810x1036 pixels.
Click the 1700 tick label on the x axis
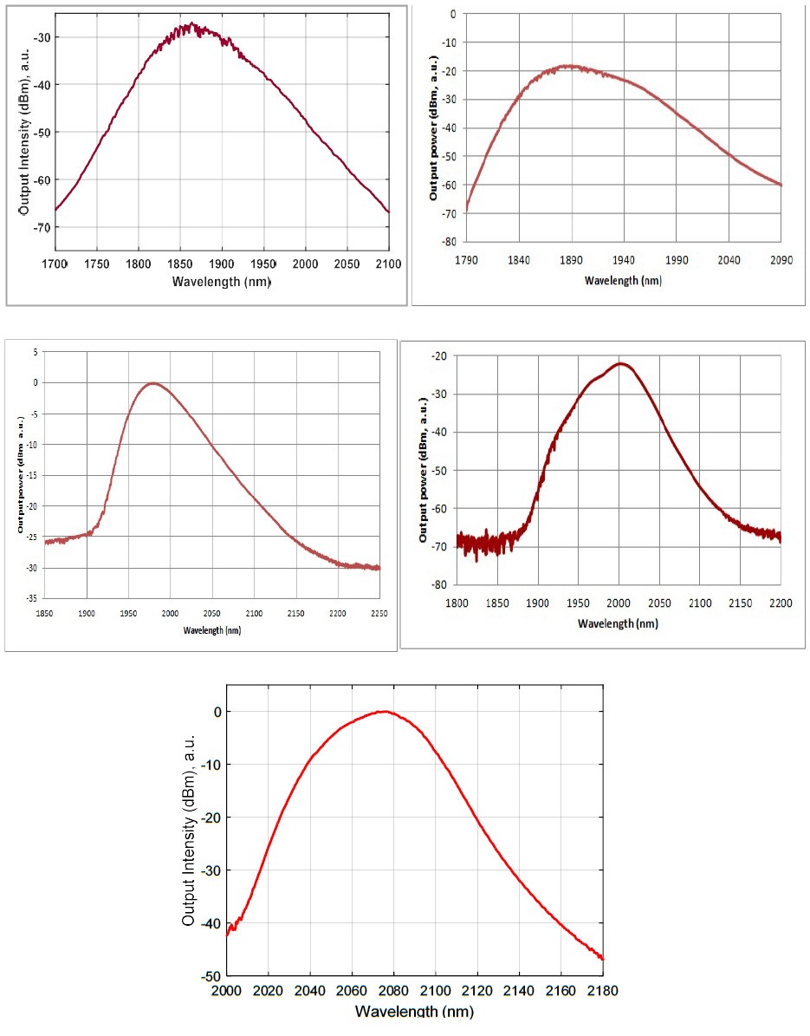click(x=54, y=264)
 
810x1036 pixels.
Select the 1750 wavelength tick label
click(x=97, y=264)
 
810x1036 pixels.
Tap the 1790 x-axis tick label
click(x=466, y=258)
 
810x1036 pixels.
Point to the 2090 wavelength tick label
click(x=781, y=258)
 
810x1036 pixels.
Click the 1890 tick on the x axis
click(x=571, y=258)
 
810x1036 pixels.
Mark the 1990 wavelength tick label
click(x=677, y=258)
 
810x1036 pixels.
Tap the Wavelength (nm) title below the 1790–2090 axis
click(x=623, y=280)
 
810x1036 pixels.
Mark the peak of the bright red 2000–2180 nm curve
click(x=384, y=711)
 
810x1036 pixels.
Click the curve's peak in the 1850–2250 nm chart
click(x=153, y=383)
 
